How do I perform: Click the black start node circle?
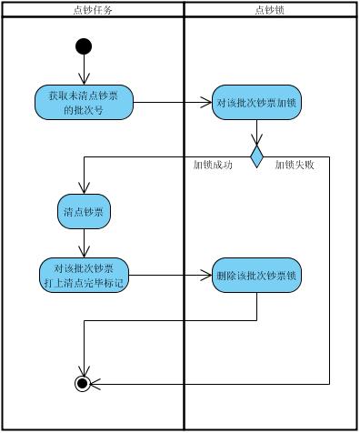click(84, 45)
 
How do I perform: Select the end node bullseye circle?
click(84, 383)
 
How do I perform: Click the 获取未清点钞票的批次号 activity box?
click(85, 102)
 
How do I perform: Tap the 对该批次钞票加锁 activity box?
click(255, 103)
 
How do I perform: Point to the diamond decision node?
click(256, 156)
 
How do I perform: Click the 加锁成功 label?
click(214, 166)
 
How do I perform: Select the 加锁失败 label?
click(295, 166)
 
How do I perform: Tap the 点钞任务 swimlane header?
click(92, 9)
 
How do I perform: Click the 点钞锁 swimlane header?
click(271, 9)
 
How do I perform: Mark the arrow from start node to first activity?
click(84, 69)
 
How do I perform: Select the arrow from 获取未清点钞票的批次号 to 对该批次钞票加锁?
click(173, 103)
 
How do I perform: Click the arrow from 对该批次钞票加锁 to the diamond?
click(256, 132)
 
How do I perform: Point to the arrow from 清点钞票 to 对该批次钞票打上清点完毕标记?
click(84, 242)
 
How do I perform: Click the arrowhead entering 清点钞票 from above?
click(84, 188)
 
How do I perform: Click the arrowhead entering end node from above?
click(84, 369)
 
